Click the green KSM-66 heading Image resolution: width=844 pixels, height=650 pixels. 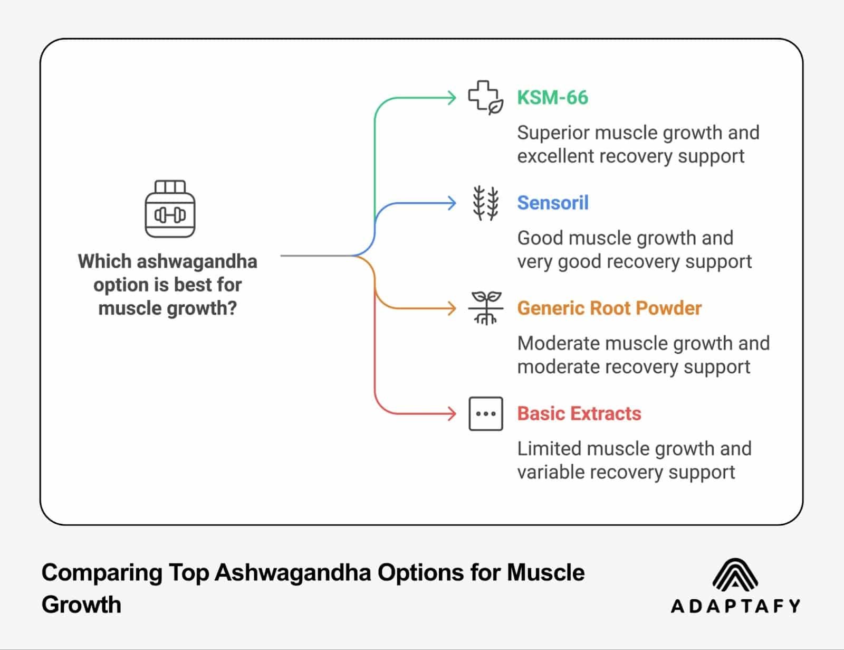pos(552,98)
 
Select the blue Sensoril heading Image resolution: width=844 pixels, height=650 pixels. pos(552,203)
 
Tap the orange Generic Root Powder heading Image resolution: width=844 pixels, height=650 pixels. pos(609,308)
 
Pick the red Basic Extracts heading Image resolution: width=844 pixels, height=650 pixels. pos(579,413)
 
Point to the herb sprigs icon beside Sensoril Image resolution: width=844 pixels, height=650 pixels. pos(485,203)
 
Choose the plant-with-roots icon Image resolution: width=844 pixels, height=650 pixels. pos(485,308)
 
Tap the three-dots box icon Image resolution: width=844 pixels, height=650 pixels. pos(485,413)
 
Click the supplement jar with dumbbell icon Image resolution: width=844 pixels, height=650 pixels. pos(170,209)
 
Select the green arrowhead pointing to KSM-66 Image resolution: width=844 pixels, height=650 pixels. pos(452,98)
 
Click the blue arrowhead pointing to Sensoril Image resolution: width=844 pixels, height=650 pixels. pos(452,203)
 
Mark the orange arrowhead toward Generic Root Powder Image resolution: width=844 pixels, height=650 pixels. pos(452,308)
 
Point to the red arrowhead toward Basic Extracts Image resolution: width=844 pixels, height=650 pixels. pos(452,413)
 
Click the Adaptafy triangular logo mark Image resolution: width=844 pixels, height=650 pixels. pos(735,574)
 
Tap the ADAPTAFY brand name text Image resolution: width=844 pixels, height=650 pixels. pos(735,606)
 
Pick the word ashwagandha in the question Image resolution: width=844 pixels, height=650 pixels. pos(197,261)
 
